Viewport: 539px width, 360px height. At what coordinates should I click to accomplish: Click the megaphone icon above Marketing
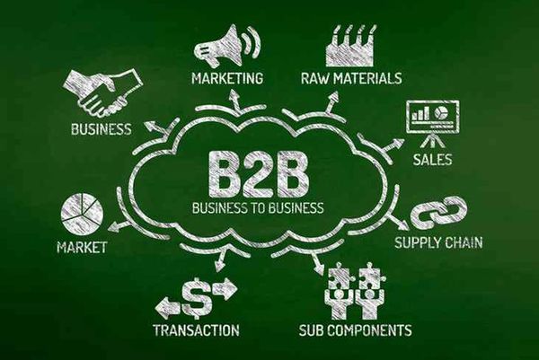click(x=227, y=46)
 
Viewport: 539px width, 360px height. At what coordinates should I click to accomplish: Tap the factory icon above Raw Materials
click(x=349, y=47)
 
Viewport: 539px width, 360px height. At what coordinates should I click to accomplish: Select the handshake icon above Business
click(x=103, y=92)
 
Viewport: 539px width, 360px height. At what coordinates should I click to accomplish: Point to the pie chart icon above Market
click(x=82, y=212)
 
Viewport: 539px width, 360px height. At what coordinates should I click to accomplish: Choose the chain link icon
click(x=439, y=213)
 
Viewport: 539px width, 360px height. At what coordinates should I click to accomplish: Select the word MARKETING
click(x=227, y=78)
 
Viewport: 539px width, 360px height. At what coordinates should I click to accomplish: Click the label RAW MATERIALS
click(x=351, y=78)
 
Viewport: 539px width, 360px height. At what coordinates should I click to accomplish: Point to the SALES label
click(x=432, y=160)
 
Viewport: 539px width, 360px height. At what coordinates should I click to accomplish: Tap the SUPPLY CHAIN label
click(x=438, y=242)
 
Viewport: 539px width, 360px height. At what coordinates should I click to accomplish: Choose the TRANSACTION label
click(x=196, y=329)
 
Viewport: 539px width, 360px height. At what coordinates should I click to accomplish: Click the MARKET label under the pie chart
click(x=82, y=247)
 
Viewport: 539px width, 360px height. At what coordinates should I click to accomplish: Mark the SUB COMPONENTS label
click(x=355, y=330)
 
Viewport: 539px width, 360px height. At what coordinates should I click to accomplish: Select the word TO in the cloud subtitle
click(x=258, y=207)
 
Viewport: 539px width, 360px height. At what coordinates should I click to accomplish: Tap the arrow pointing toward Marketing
click(x=235, y=100)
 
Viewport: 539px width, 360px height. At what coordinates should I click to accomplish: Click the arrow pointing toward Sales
click(x=393, y=145)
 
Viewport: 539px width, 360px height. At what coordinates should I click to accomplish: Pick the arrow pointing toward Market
click(x=120, y=226)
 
